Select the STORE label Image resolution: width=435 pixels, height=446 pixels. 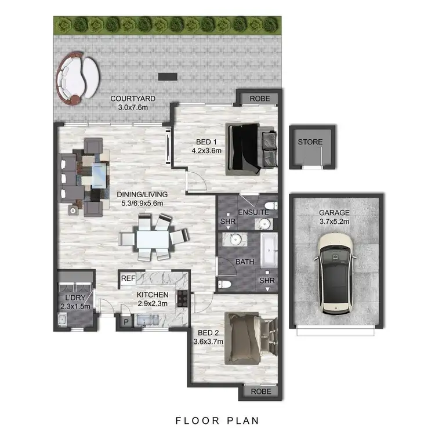[x=310, y=142]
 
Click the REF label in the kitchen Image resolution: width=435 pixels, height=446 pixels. [x=128, y=279]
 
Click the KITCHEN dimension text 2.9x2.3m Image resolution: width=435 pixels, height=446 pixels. [x=153, y=304]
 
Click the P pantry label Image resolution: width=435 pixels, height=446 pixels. [x=125, y=321]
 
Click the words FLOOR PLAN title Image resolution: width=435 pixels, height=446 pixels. [x=217, y=420]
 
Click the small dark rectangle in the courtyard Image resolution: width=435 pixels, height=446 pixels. [x=168, y=77]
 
